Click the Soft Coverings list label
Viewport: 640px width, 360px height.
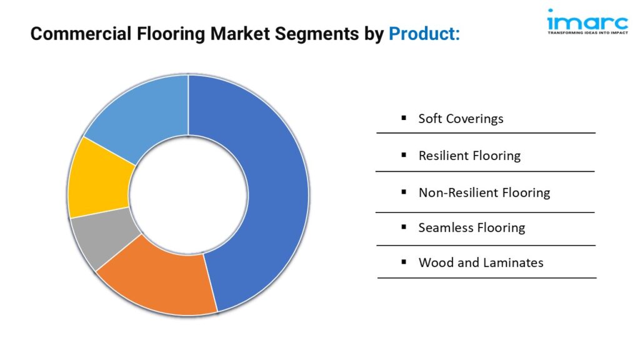(x=461, y=119)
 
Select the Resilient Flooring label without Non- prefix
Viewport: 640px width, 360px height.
(x=469, y=156)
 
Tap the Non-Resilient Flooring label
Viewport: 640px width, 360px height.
(x=484, y=192)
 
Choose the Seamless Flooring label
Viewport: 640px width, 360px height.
(x=471, y=227)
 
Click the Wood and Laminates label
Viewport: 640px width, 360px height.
(x=481, y=262)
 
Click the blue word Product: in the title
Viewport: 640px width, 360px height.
(x=424, y=34)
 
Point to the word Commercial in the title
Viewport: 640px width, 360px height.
(x=81, y=34)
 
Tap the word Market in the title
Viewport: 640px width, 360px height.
(x=240, y=34)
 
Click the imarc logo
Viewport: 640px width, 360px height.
(x=587, y=21)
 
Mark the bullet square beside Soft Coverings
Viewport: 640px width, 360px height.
(x=404, y=118)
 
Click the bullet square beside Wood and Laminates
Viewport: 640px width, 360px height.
(x=404, y=262)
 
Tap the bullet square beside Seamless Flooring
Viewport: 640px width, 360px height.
(x=404, y=227)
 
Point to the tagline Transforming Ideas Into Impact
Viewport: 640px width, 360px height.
(x=587, y=32)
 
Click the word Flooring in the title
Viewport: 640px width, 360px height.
(x=171, y=34)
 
